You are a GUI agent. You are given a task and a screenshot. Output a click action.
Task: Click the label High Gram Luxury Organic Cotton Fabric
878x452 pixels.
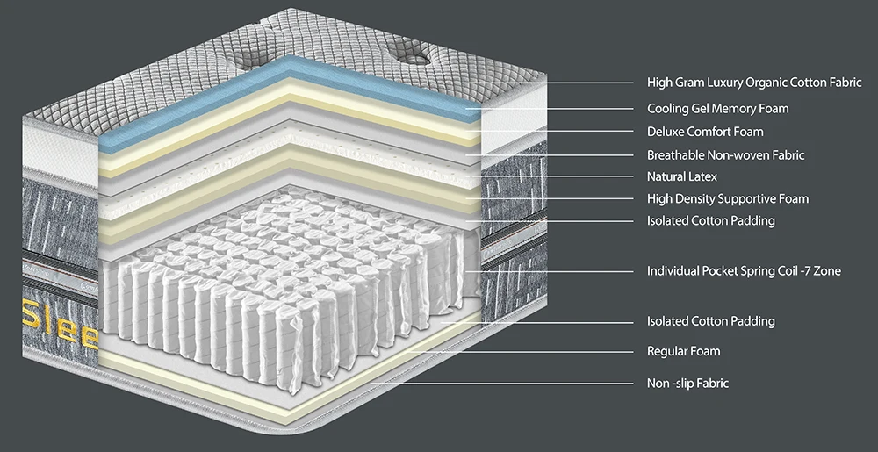(x=754, y=83)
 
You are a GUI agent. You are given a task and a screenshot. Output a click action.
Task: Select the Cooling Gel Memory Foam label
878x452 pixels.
(x=717, y=109)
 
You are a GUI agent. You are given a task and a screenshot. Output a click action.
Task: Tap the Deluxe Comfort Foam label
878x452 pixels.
(x=705, y=132)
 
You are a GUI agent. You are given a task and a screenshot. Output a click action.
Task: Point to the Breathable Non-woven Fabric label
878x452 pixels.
(x=725, y=155)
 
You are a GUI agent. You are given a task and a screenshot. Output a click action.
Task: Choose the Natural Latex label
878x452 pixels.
(x=682, y=176)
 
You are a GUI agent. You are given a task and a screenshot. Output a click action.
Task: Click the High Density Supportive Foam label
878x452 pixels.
(x=728, y=198)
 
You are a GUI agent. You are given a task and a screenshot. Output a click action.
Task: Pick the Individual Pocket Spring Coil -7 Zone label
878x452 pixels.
(x=744, y=270)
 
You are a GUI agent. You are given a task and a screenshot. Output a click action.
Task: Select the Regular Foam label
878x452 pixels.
(x=683, y=351)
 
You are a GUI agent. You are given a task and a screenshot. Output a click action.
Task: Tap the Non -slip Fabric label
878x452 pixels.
(x=687, y=383)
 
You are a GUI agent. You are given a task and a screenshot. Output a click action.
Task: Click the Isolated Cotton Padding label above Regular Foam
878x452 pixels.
(x=710, y=321)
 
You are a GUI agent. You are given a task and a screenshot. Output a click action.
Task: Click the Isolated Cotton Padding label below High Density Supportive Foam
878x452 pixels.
(x=710, y=220)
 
